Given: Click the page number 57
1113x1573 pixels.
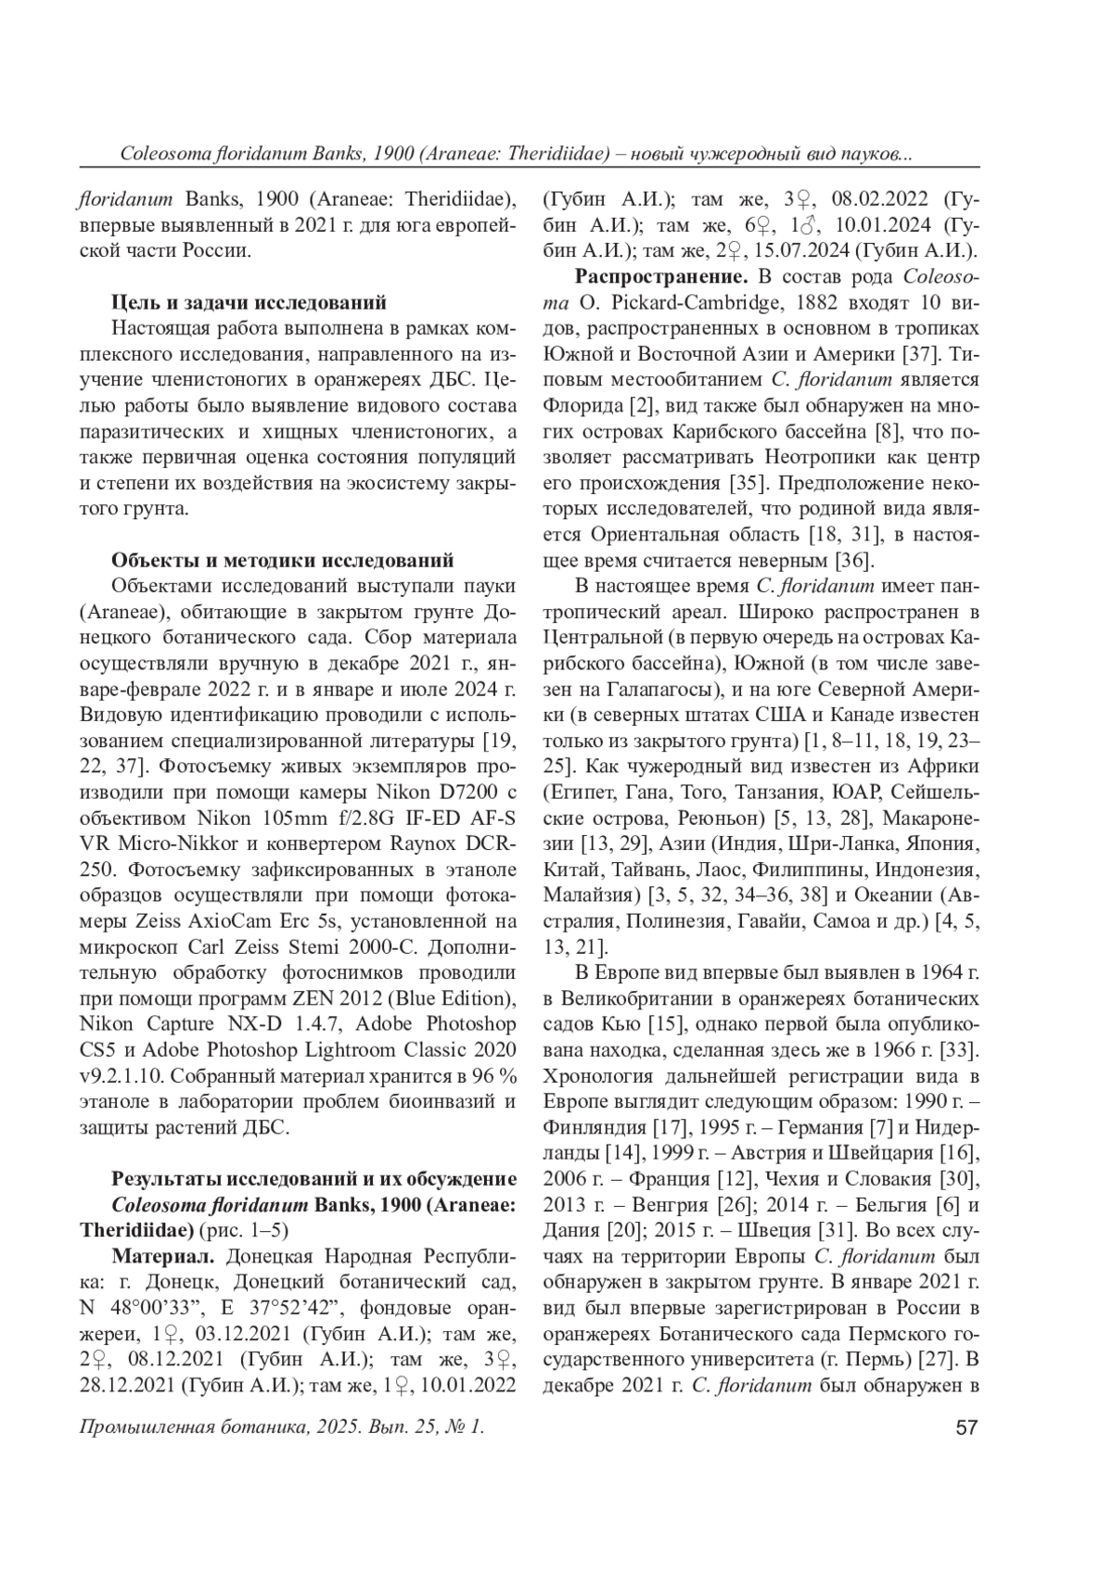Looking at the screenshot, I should pyautogui.click(x=967, y=1427).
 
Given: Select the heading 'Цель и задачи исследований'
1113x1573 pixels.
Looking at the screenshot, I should pyautogui.click(x=249, y=302).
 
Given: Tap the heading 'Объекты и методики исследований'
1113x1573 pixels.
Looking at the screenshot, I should pyautogui.click(x=282, y=560).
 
